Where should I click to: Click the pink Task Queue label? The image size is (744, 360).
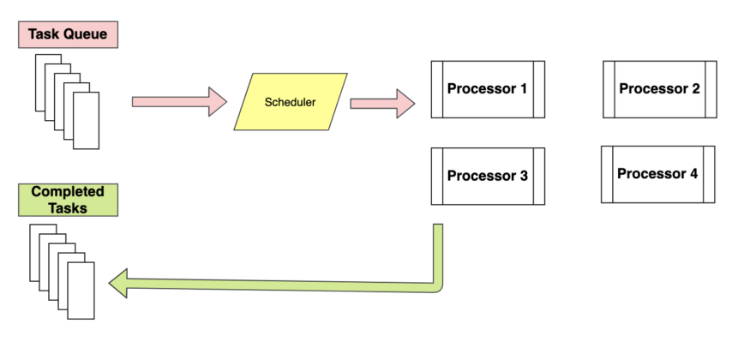tap(67, 34)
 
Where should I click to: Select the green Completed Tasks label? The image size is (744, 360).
tap(68, 200)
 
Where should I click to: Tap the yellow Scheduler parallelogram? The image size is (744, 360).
tap(291, 102)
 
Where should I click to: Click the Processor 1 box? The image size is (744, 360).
tap(487, 89)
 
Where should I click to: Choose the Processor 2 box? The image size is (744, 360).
tap(659, 89)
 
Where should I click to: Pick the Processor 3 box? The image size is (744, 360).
tap(487, 177)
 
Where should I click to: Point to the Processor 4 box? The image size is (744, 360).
tap(657, 174)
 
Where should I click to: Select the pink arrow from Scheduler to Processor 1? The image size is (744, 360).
tap(381, 102)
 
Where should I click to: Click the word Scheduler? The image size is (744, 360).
tap(291, 102)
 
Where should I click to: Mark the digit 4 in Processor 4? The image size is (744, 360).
tap(693, 174)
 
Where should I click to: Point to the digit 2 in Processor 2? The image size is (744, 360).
tap(695, 89)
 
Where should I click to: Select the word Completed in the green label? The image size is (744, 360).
tap(68, 192)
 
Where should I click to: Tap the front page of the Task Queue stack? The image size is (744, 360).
tap(87, 121)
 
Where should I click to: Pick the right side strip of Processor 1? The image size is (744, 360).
tap(539, 89)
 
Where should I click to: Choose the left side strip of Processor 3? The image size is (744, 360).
tap(435, 177)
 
